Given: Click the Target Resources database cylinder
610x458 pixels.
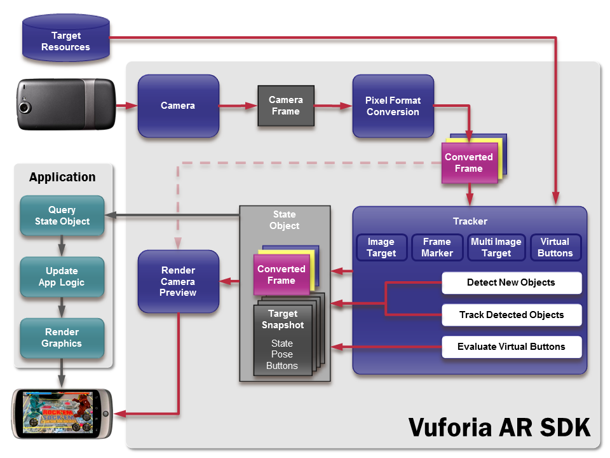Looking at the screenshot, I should [x=66, y=41].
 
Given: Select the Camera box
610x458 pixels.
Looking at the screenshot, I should [x=178, y=106].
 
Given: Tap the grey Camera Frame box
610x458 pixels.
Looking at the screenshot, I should [x=285, y=106].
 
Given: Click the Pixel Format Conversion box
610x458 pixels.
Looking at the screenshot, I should [x=393, y=106].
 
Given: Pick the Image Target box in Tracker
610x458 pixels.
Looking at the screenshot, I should [x=381, y=247].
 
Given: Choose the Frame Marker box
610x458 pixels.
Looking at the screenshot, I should [x=437, y=247].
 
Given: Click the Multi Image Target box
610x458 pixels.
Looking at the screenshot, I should [x=496, y=247].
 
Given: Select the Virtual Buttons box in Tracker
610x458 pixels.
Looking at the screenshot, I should [x=555, y=247].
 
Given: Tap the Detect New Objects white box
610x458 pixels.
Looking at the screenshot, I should [x=511, y=282].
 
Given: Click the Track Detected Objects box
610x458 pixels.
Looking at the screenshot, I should [x=511, y=315].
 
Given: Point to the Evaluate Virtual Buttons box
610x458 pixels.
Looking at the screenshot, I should [x=511, y=347].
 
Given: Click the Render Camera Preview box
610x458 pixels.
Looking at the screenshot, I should [x=178, y=281].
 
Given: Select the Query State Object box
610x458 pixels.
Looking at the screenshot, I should [x=62, y=216].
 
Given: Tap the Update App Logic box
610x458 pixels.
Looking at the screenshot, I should [x=62, y=277].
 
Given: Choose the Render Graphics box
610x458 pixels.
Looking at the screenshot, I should [x=62, y=338].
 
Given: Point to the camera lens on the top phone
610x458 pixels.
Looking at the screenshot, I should [x=25, y=107].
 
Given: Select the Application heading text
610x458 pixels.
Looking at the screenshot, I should [x=62, y=177].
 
